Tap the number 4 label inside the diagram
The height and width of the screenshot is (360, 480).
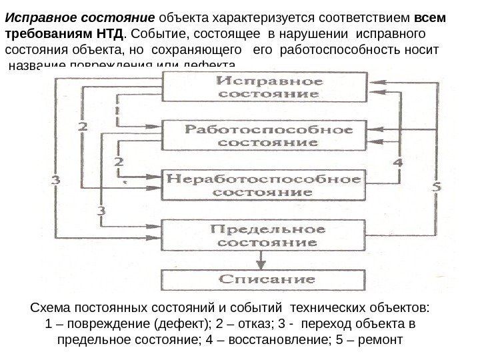point(398,162)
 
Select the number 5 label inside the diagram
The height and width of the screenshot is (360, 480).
point(436,187)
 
